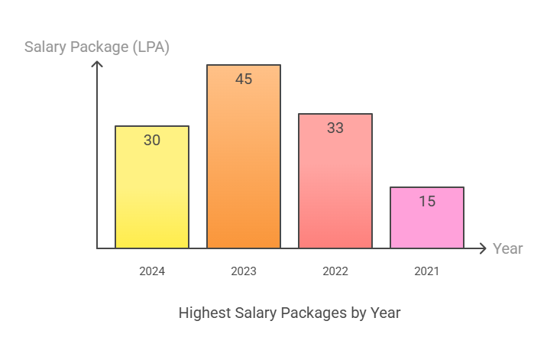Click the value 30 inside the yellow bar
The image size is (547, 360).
[x=152, y=140]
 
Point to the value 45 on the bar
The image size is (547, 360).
[x=244, y=79]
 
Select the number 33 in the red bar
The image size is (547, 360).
[x=335, y=128]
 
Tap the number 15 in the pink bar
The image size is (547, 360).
[x=427, y=201]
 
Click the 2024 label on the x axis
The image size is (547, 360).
[x=152, y=271]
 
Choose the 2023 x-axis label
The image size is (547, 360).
[x=244, y=271]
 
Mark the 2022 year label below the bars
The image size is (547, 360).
[x=335, y=271]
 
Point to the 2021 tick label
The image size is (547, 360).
[x=427, y=271]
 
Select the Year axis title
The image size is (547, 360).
[x=508, y=248]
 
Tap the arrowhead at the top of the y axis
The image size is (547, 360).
[x=97, y=65]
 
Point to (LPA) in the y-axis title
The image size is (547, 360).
[x=149, y=47]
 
